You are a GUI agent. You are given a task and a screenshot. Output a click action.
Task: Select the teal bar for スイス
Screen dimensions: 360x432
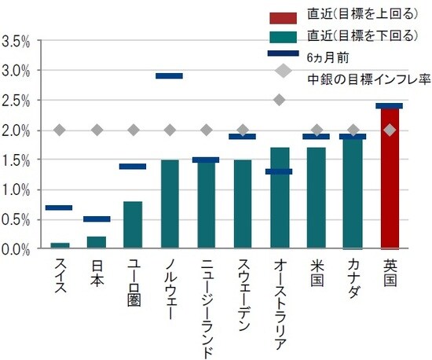click(x=60, y=245)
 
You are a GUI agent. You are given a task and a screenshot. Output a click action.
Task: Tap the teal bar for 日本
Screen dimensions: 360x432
click(x=97, y=242)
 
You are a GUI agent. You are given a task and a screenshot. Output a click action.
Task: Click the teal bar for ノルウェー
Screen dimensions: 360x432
click(x=170, y=204)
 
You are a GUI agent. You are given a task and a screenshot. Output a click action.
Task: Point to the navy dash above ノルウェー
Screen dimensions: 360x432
click(x=170, y=76)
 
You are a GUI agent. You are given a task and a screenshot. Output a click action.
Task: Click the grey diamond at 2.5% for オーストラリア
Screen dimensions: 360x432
click(x=279, y=100)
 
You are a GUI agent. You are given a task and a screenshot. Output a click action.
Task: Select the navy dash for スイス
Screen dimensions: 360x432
click(x=60, y=208)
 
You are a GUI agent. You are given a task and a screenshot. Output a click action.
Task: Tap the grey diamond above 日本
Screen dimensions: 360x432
click(x=97, y=130)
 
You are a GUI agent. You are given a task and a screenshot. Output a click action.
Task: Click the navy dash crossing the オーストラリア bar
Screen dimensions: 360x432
click(x=279, y=171)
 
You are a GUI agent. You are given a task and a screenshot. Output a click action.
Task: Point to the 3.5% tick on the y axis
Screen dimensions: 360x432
click(x=16, y=41)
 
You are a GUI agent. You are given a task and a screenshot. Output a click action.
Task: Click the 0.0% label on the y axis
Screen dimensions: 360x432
click(x=16, y=249)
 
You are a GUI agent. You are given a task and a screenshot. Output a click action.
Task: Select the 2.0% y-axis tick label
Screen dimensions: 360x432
click(x=16, y=130)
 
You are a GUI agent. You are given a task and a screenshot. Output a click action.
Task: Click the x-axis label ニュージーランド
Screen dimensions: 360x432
click(x=206, y=307)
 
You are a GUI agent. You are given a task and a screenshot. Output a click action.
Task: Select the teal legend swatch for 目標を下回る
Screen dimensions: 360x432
click(x=283, y=36)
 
